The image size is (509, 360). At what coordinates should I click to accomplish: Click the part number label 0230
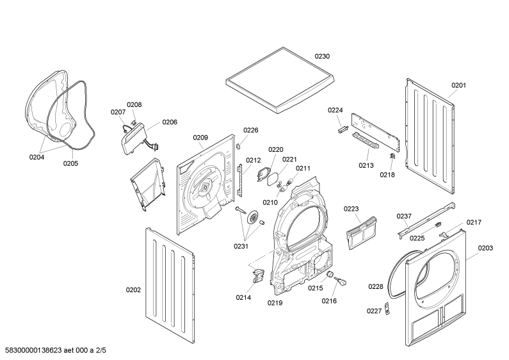(322, 56)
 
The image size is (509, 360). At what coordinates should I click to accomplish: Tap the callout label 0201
(458, 85)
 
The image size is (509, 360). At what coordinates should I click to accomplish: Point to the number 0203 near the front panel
(485, 248)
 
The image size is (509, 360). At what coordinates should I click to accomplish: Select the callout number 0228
(376, 286)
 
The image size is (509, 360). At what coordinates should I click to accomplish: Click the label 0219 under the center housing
(275, 302)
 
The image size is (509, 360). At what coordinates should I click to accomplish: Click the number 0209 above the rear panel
(200, 137)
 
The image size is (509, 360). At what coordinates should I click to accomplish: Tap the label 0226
(250, 130)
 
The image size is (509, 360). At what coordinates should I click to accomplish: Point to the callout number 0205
(70, 163)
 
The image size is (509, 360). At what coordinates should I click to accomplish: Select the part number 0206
(169, 122)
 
